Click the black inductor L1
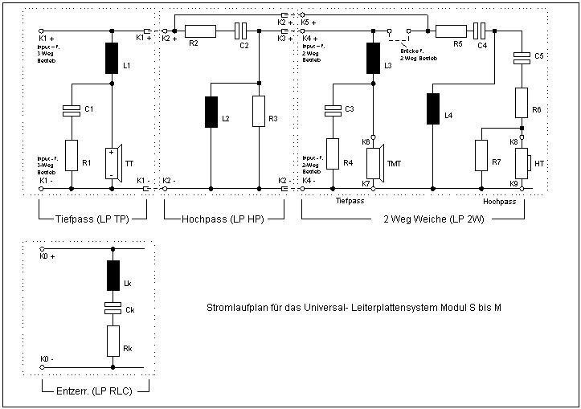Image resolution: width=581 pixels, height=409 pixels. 111,58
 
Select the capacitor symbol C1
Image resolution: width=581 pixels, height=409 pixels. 72,110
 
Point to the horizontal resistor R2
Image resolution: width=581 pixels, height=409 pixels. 199,31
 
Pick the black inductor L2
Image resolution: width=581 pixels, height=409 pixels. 211,112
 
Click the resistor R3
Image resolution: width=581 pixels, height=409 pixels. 259,111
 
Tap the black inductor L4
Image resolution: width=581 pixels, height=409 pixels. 432,109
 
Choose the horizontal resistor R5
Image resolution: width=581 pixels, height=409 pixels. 450,31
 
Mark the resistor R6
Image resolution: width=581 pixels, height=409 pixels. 522,102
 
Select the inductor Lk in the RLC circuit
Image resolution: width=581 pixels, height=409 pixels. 113,276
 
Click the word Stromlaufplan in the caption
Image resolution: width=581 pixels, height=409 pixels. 234,308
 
